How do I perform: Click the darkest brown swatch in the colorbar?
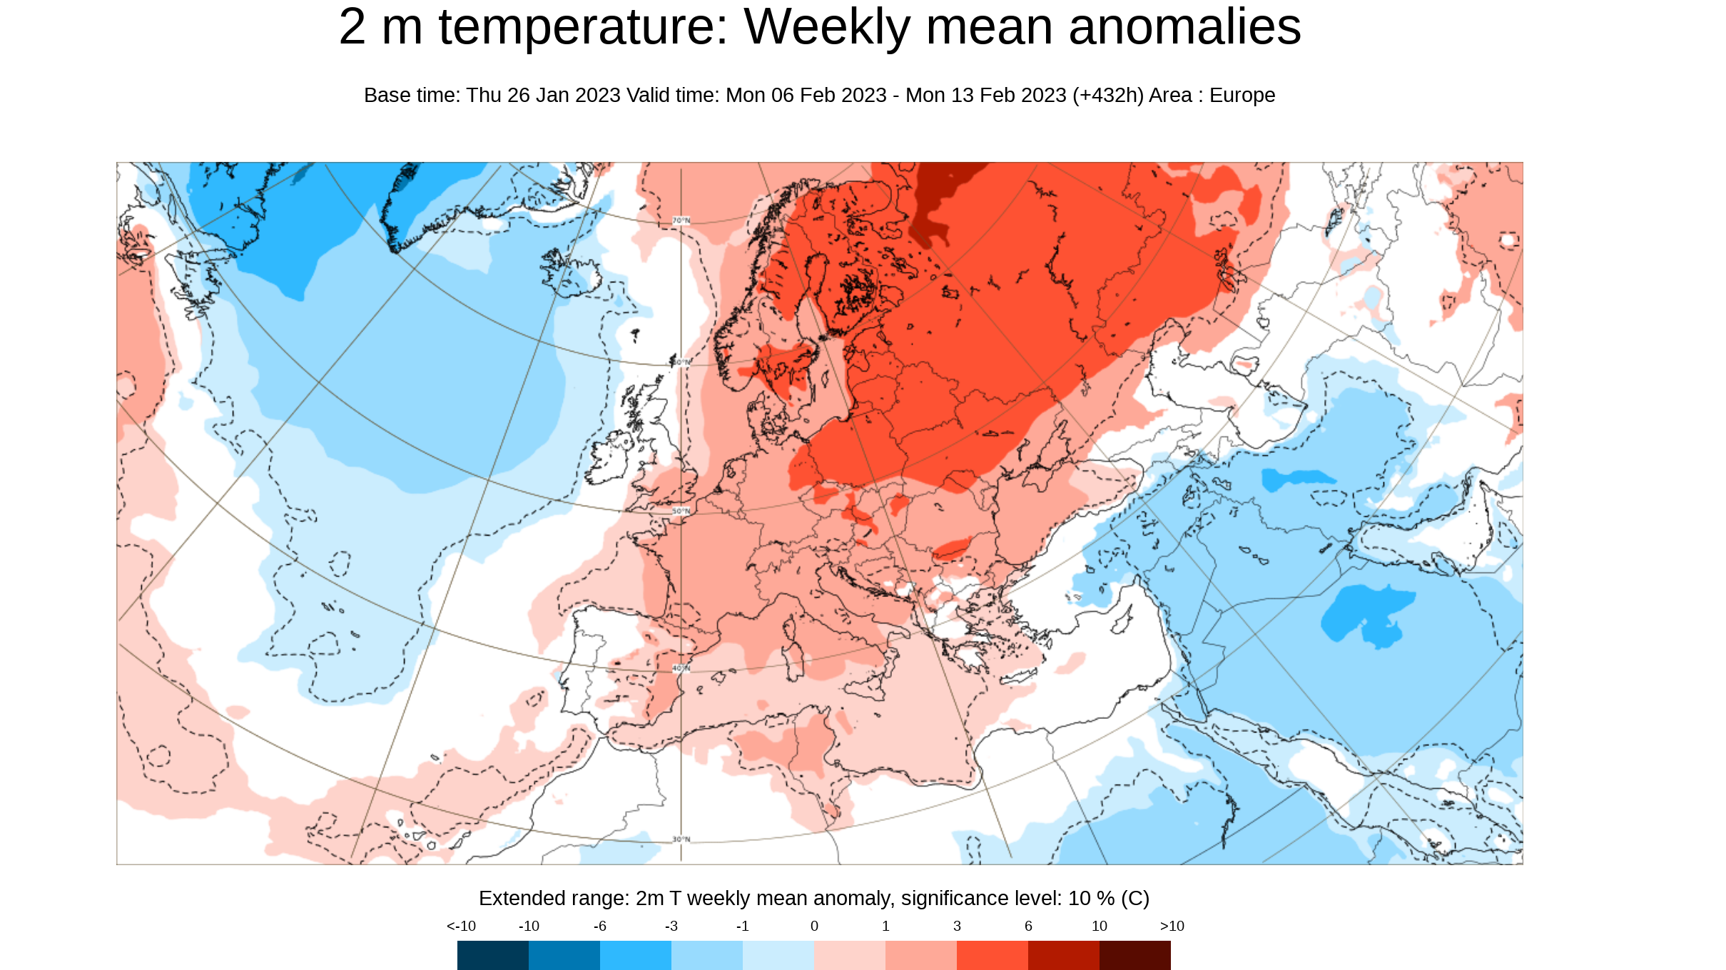tap(1134, 955)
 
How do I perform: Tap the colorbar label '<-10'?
tap(461, 926)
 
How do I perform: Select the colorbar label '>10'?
tap(1172, 926)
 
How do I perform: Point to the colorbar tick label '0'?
tap(814, 926)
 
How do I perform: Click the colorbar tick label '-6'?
tap(599, 926)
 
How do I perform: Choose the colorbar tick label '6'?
tap(1028, 926)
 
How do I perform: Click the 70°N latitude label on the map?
tap(681, 220)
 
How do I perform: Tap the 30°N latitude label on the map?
tap(681, 839)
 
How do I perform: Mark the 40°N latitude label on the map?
tap(681, 668)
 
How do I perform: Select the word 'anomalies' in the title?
tap(1184, 27)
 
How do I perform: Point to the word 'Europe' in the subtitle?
tap(1242, 95)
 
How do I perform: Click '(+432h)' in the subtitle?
tap(1107, 95)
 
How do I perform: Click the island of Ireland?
tap(611, 456)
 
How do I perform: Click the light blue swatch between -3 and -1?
tap(706, 955)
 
